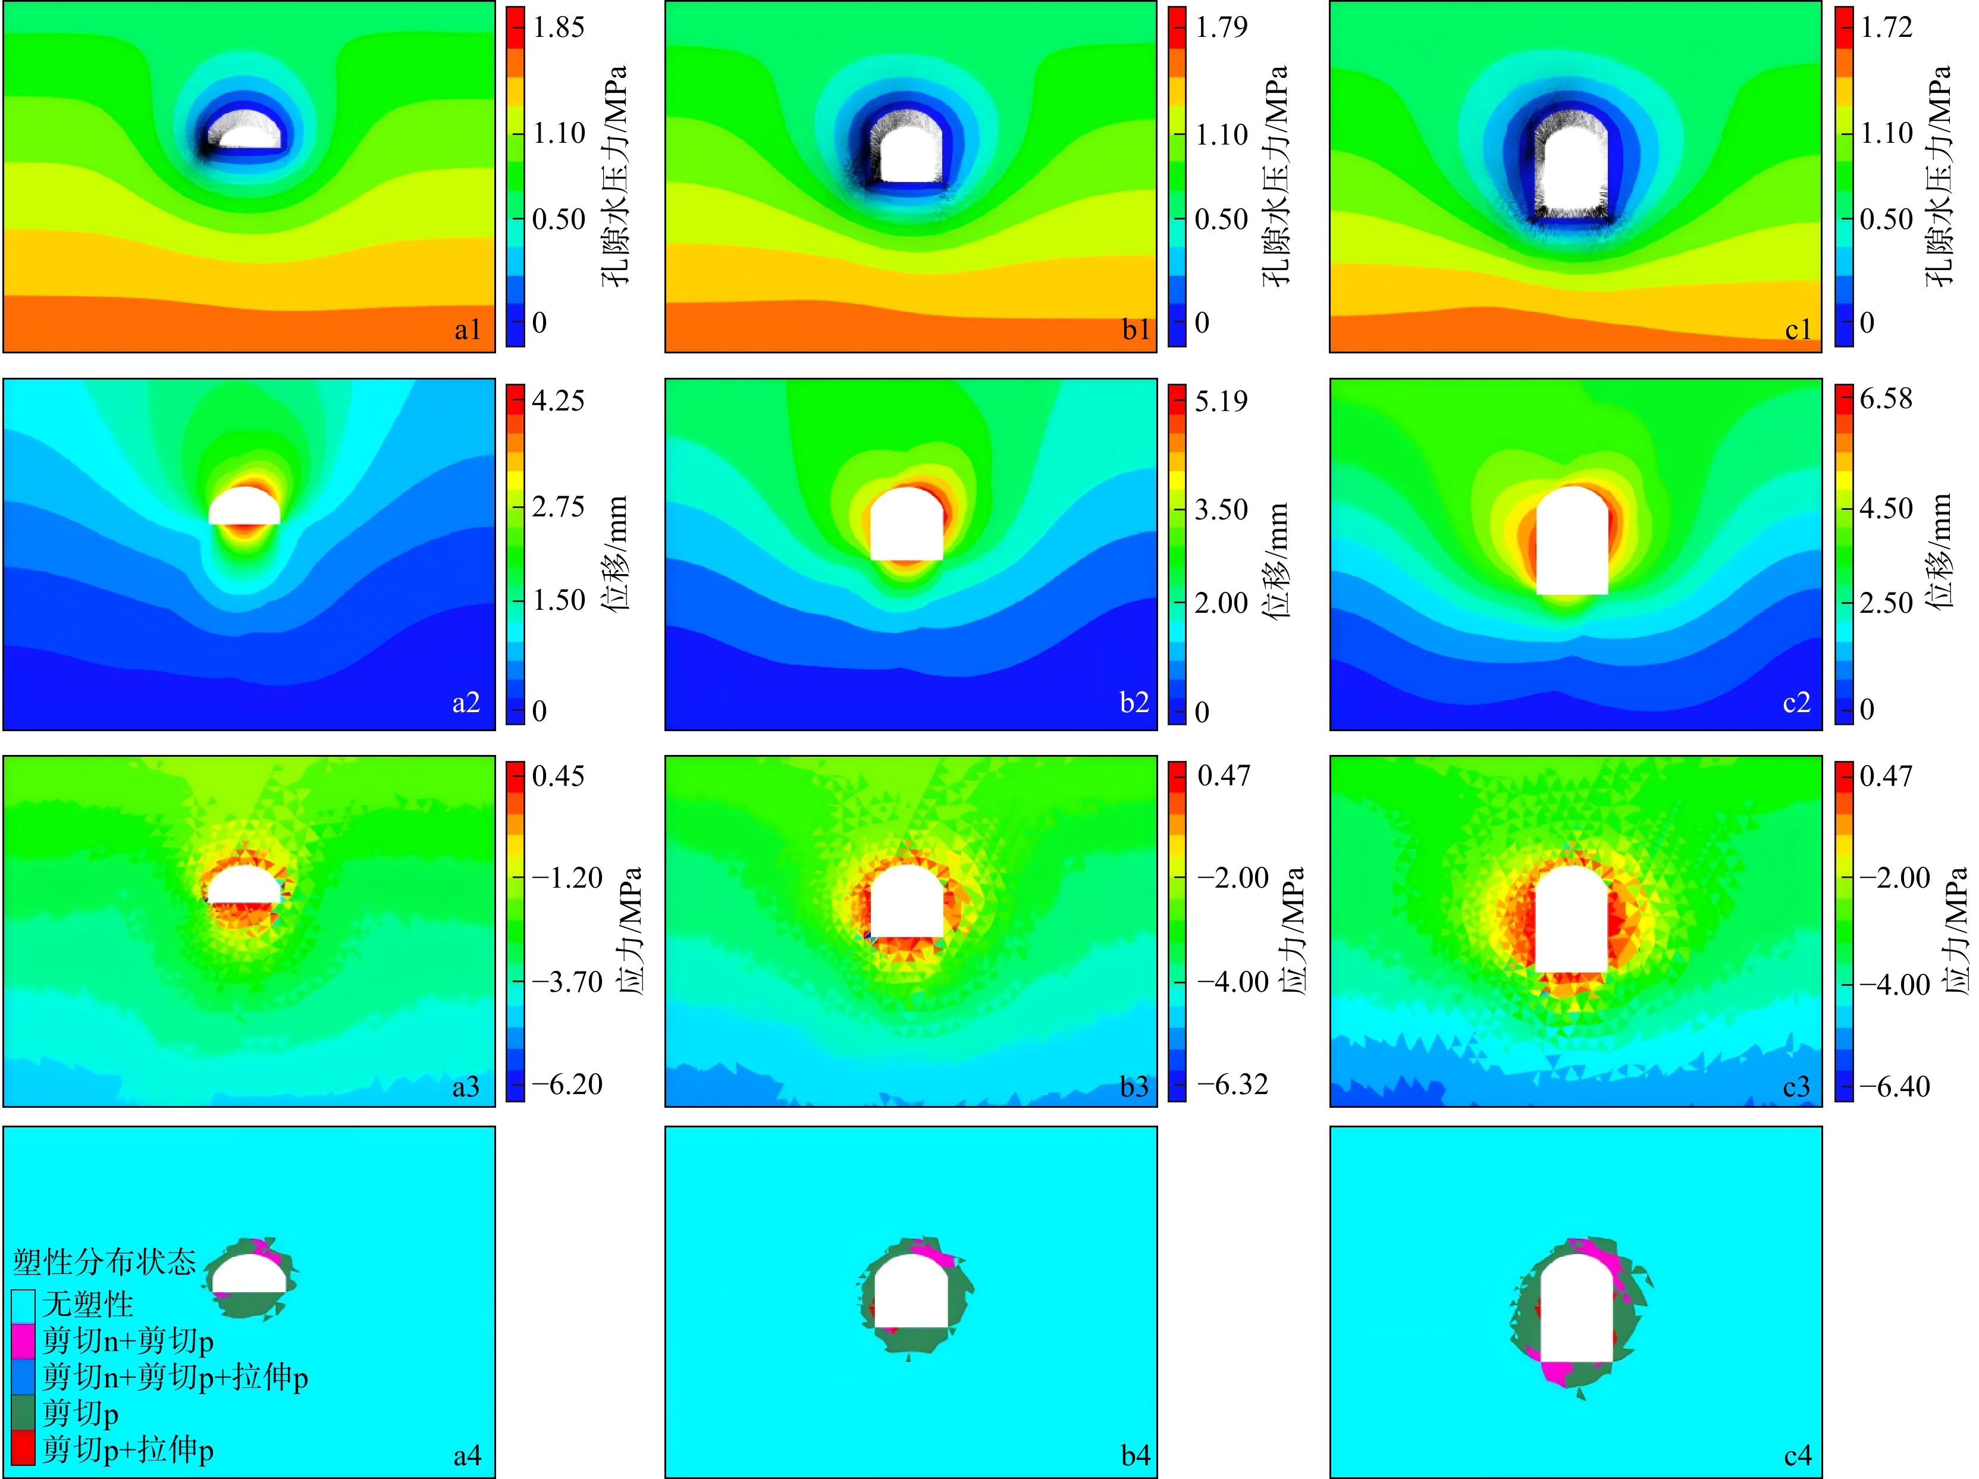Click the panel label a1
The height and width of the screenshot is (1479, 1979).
point(467,330)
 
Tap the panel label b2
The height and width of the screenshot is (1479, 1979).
point(1134,703)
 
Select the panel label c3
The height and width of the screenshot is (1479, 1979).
point(1796,1086)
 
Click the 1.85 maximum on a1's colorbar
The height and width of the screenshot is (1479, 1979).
point(559,28)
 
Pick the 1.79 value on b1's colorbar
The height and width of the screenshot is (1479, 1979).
point(1221,28)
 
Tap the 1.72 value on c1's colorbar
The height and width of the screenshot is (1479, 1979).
point(1886,28)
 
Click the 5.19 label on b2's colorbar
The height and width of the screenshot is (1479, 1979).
point(1221,401)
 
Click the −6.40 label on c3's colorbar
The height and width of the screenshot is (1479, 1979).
point(1895,1086)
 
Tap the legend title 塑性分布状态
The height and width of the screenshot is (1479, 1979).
point(105,1262)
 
